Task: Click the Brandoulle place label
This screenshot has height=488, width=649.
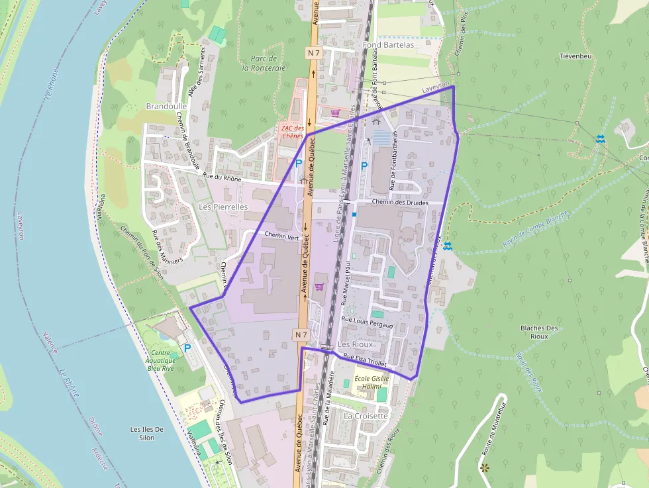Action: pos(166,106)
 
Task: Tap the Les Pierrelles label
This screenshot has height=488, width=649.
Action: pos(223,207)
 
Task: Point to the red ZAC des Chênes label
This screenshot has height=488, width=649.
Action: pos(292,132)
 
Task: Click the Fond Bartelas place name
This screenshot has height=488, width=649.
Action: pos(389,45)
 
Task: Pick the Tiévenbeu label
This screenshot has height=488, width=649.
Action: pos(575,56)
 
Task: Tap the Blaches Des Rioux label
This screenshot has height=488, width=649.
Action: pos(539,332)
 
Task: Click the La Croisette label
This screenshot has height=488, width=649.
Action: pos(366,416)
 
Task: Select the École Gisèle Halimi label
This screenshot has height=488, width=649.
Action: pos(372,382)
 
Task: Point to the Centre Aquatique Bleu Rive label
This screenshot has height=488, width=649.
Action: pos(161,360)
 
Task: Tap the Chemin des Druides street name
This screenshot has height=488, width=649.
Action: pos(400,203)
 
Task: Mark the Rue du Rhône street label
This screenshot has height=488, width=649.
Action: pos(223,177)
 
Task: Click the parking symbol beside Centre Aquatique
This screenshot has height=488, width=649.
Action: pos(187,347)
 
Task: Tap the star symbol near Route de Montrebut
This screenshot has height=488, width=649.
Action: pos(485,467)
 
